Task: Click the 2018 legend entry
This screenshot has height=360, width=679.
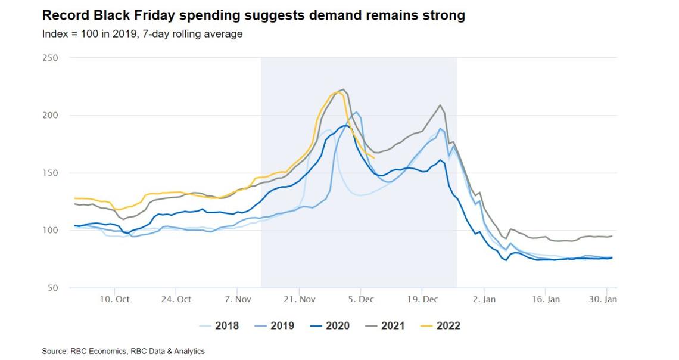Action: pos(220,325)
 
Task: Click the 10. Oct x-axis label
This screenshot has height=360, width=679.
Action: pos(115,299)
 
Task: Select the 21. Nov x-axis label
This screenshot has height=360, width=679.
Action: pos(300,299)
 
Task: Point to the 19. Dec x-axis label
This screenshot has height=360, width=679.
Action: pos(422,299)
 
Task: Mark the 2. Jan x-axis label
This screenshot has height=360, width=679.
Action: pos(484,299)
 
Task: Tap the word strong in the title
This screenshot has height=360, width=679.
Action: pos(444,15)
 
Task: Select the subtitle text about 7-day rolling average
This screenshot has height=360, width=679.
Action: pos(142,34)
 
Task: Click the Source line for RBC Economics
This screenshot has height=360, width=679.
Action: pos(123,351)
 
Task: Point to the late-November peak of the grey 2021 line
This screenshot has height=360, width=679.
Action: pos(342,89)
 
